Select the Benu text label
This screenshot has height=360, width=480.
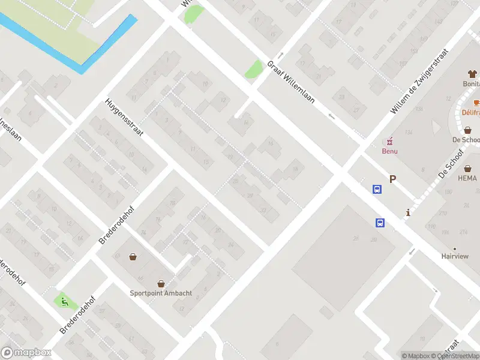click(390, 151)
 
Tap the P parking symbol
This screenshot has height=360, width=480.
click(393, 179)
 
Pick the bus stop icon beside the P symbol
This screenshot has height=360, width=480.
click(377, 190)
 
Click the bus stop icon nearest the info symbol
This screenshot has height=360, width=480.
click(380, 223)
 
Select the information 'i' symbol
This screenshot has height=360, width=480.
click(408, 212)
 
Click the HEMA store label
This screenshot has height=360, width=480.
click(467, 178)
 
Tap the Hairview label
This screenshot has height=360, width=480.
click(455, 256)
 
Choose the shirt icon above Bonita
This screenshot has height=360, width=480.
click(472, 74)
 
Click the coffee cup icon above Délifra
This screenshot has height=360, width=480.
click(476, 103)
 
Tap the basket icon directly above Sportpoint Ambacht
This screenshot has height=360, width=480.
click(161, 283)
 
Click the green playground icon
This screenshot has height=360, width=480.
click(62, 301)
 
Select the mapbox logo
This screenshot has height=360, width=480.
click(26, 353)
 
